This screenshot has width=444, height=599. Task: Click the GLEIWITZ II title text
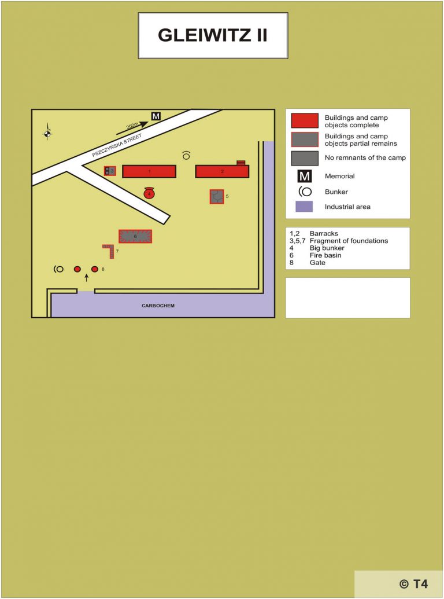[x=213, y=35]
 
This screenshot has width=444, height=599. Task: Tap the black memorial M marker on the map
[x=156, y=116]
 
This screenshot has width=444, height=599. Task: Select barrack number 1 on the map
[x=149, y=171]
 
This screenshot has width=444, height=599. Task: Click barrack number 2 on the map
[x=222, y=171]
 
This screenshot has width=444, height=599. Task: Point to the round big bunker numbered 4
[x=150, y=193]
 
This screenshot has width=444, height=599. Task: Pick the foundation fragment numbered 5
[x=217, y=196]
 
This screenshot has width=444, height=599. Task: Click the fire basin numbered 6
[x=135, y=236]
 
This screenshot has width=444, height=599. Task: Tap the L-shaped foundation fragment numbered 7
[x=109, y=251]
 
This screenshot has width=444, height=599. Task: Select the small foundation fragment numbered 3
[x=110, y=171]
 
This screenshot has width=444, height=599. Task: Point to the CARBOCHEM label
[x=158, y=306]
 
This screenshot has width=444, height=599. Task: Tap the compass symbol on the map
[x=47, y=134]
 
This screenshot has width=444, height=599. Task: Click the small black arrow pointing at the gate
[x=87, y=278]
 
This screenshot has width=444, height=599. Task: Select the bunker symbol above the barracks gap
[x=186, y=155]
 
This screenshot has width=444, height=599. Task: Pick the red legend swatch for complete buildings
[x=305, y=120]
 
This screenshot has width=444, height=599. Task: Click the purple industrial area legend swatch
[x=304, y=207]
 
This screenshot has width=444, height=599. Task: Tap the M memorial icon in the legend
[x=305, y=176]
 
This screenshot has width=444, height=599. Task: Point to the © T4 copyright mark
[x=413, y=583]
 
